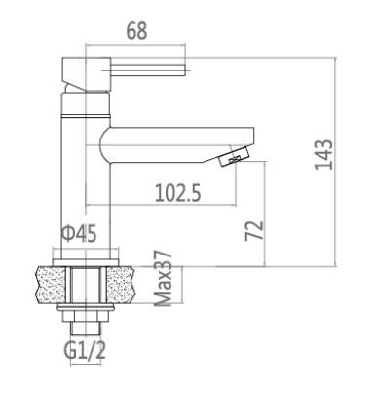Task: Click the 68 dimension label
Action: [136, 31]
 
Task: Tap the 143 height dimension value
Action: [323, 154]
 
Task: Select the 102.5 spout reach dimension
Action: [177, 192]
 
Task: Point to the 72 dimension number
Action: [254, 230]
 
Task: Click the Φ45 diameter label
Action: [79, 233]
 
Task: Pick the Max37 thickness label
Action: [162, 279]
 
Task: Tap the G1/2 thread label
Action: [86, 349]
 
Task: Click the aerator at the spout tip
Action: [234, 156]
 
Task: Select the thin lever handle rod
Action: [148, 70]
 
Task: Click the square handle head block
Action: [87, 73]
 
